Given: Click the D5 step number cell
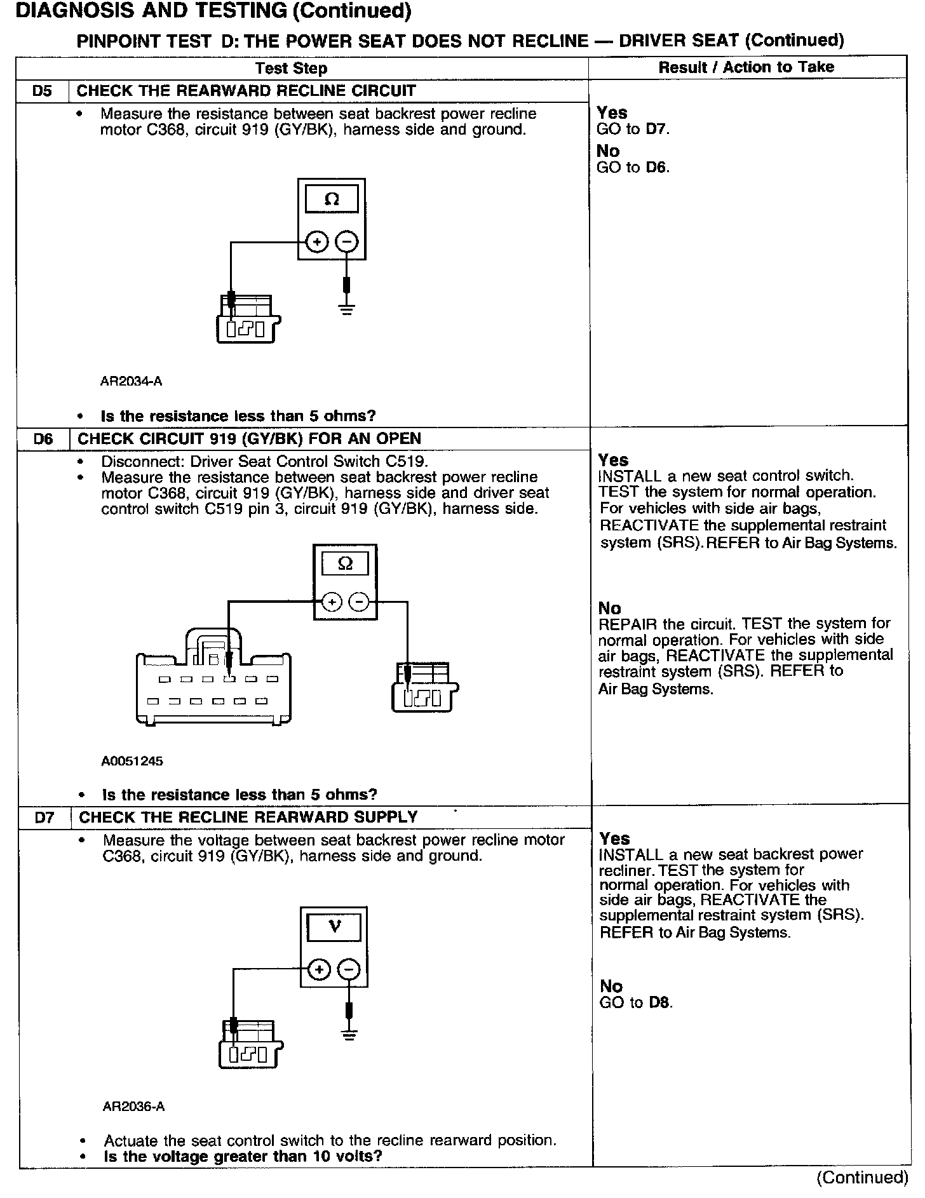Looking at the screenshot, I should click(x=42, y=91).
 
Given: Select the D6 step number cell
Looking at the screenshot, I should click(x=43, y=439).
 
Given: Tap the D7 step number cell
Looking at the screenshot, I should click(x=44, y=818).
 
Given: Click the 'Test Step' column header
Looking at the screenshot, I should click(x=291, y=69).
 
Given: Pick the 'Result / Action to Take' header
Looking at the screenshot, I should click(x=746, y=67).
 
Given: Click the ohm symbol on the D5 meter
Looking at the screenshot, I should click(x=332, y=199).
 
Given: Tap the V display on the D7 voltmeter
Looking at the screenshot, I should click(x=334, y=927).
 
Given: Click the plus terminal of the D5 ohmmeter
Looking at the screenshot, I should click(x=317, y=242).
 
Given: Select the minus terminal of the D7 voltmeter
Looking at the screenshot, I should click(x=349, y=970).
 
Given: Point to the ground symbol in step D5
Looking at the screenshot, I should click(x=347, y=311).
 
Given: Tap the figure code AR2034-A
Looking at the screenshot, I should click(x=131, y=382).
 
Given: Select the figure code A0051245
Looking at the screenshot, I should click(x=132, y=761).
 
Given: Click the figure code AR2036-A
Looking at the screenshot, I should click(x=133, y=1107).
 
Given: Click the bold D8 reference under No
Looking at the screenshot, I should click(x=660, y=1003).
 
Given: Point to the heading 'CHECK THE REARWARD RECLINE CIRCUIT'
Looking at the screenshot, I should click(x=246, y=91).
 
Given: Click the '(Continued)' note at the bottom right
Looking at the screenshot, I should click(x=862, y=1177).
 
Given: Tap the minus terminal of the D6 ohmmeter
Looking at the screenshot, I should click(x=360, y=602).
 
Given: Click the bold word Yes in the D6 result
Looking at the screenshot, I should click(x=613, y=460).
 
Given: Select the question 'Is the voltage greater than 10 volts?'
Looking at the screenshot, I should click(x=243, y=1156).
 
